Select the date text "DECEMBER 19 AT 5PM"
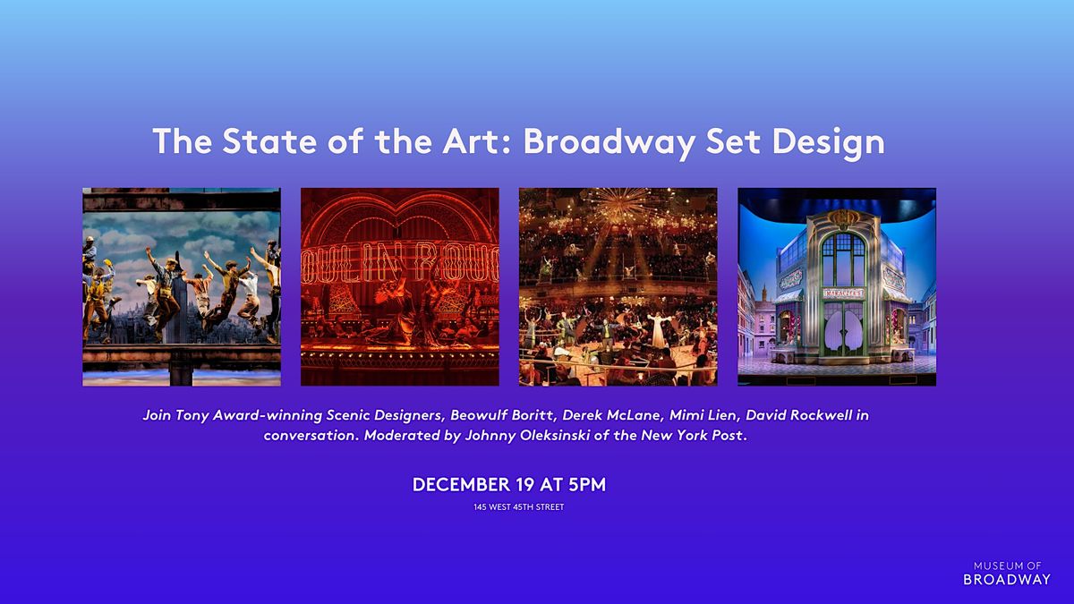pos(508,485)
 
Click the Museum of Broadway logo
pos(1007,573)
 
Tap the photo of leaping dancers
pos(182,286)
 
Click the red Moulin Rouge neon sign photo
pos(400,286)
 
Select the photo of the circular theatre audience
pos(618,286)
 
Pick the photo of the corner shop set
pos(837,286)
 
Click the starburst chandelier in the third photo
pos(619,208)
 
